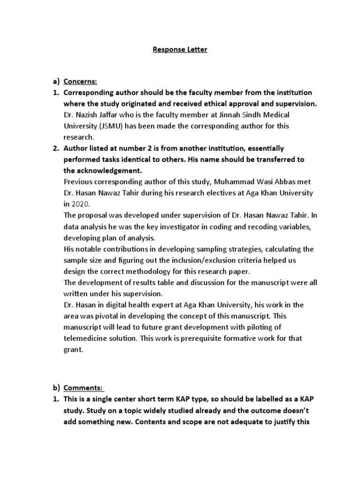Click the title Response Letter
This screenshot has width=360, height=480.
point(180,49)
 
